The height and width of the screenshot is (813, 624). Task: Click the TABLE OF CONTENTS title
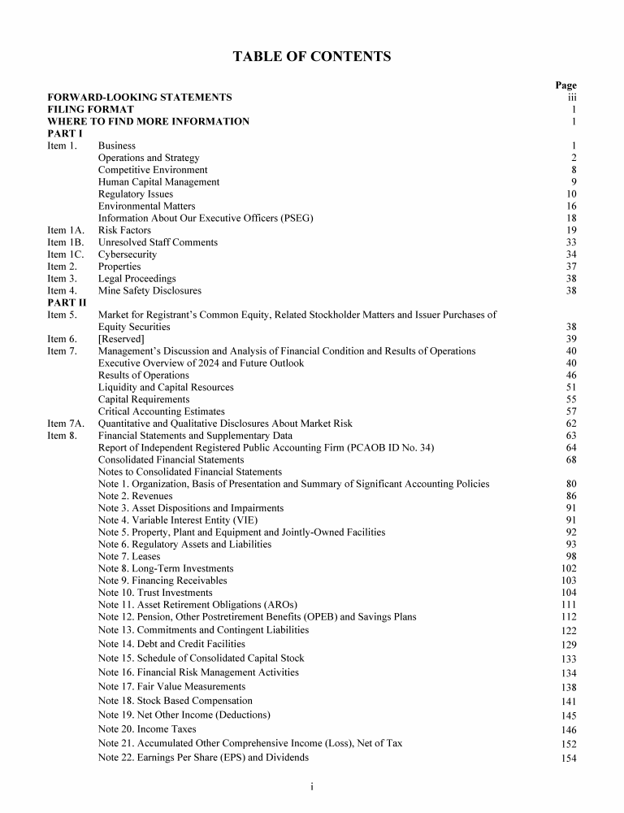312,57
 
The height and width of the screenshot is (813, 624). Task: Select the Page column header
565,85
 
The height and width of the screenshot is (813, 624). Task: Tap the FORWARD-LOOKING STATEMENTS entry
139,98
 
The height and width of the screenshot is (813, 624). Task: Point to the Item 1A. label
65,230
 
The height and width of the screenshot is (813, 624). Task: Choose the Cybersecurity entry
128,254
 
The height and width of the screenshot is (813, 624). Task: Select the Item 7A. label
66,424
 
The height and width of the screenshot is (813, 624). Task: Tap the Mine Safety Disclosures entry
149,290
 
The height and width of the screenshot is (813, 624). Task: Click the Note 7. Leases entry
129,557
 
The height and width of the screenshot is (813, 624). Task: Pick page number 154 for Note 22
569,759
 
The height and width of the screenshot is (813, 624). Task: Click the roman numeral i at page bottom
312,786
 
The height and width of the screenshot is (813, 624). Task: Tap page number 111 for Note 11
569,605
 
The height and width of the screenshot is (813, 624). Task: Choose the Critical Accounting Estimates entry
161,411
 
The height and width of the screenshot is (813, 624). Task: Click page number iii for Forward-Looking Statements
571,98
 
